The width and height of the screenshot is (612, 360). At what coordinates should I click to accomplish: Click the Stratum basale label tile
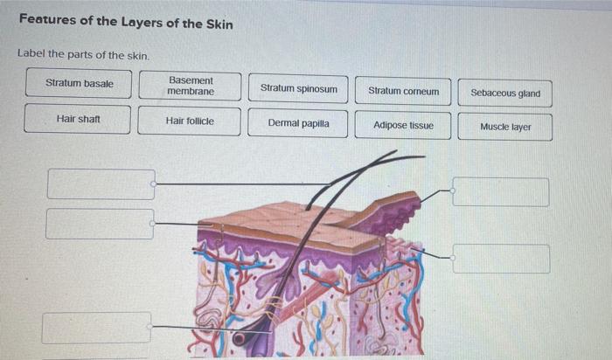[x=80, y=84]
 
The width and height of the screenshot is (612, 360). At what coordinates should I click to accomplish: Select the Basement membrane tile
[x=190, y=85]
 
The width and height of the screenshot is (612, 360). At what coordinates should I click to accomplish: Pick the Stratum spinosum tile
[x=298, y=89]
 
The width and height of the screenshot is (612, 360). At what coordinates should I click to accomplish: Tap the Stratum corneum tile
[x=403, y=90]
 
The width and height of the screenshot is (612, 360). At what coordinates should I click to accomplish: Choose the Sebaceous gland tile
[x=505, y=93]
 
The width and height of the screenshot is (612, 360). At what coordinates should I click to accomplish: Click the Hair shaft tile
[x=78, y=119]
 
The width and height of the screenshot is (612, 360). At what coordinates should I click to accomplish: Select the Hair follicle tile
[x=189, y=121]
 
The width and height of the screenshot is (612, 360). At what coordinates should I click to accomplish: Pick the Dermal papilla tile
[x=298, y=124]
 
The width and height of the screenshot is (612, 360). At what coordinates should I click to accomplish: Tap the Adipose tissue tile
[x=403, y=125]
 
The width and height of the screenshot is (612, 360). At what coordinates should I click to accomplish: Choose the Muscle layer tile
[x=505, y=127]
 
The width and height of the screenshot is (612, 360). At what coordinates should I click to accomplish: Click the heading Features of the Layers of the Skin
[x=126, y=24]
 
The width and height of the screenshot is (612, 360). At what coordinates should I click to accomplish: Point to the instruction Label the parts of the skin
[x=83, y=55]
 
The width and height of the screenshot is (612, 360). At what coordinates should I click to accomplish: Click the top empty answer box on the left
[x=101, y=184]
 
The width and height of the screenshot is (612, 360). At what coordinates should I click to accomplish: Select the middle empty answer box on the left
[x=100, y=224]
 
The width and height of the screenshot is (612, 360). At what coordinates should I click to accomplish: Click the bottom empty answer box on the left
[x=96, y=328]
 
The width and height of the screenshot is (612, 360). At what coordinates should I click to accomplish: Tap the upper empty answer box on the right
[x=501, y=192]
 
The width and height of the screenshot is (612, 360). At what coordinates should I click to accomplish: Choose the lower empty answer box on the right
[x=501, y=259]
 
